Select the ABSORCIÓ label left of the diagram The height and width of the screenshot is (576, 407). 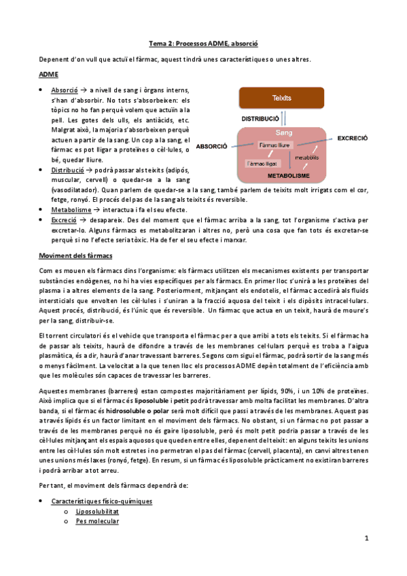click(212, 146)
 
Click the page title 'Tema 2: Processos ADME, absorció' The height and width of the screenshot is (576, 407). click(203, 44)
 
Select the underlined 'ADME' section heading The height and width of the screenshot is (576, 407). click(48, 73)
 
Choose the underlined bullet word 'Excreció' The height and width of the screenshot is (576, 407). click(64, 221)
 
